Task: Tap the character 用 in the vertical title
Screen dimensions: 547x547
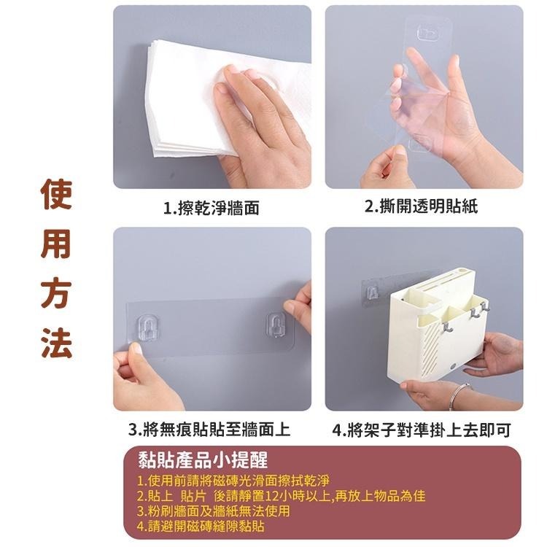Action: tap(56, 247)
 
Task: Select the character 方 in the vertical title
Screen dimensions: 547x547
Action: tap(56, 296)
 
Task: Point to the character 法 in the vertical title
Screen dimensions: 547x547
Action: tap(56, 344)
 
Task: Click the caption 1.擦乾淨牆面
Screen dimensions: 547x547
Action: tap(211, 209)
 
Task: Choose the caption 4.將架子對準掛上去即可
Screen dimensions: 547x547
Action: tap(421, 430)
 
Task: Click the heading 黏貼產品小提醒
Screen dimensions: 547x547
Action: tap(203, 461)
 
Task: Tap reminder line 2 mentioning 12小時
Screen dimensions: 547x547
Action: tap(281, 497)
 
